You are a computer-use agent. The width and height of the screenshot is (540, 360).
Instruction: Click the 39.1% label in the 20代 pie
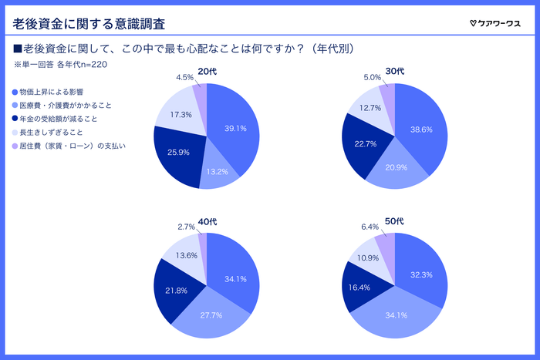pos(235,128)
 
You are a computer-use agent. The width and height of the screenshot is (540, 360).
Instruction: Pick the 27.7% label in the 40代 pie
pos(210,315)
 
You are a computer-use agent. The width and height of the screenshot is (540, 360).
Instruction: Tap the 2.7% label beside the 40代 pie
pos(186,227)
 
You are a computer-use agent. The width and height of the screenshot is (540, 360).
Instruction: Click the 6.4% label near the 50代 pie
pos(370,227)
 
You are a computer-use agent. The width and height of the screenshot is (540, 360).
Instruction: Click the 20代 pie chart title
pos(207,72)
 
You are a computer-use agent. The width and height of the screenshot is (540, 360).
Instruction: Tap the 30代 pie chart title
pos(394,72)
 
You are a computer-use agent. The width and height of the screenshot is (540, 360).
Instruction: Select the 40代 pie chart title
pos(207,221)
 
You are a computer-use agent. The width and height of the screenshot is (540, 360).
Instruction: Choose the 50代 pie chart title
pos(394,221)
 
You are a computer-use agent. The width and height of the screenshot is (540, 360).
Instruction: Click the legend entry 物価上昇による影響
pos(52,93)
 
